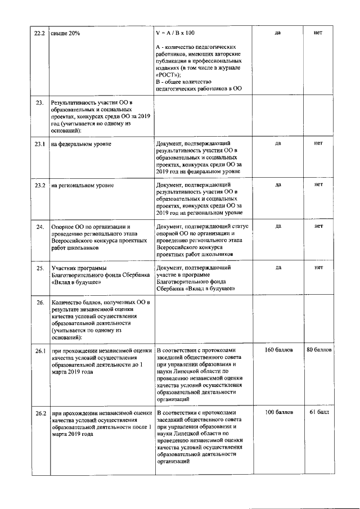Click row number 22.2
[x=39, y=33]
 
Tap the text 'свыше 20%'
[x=65, y=33]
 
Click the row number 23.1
[x=39, y=144]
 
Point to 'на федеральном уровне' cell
[x=81, y=144]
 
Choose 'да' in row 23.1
[x=278, y=143]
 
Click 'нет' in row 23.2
[x=318, y=184]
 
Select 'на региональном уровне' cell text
[x=83, y=184]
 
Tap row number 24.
[x=40, y=227]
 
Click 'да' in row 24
[x=278, y=226]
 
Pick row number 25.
[x=40, y=268]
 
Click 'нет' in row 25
[x=318, y=268]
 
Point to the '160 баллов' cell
[x=278, y=350]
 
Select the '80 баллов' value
[x=319, y=350]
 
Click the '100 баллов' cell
[x=278, y=412]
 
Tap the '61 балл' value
[x=319, y=412]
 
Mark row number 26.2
[x=39, y=413]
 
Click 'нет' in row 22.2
[x=318, y=33]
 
